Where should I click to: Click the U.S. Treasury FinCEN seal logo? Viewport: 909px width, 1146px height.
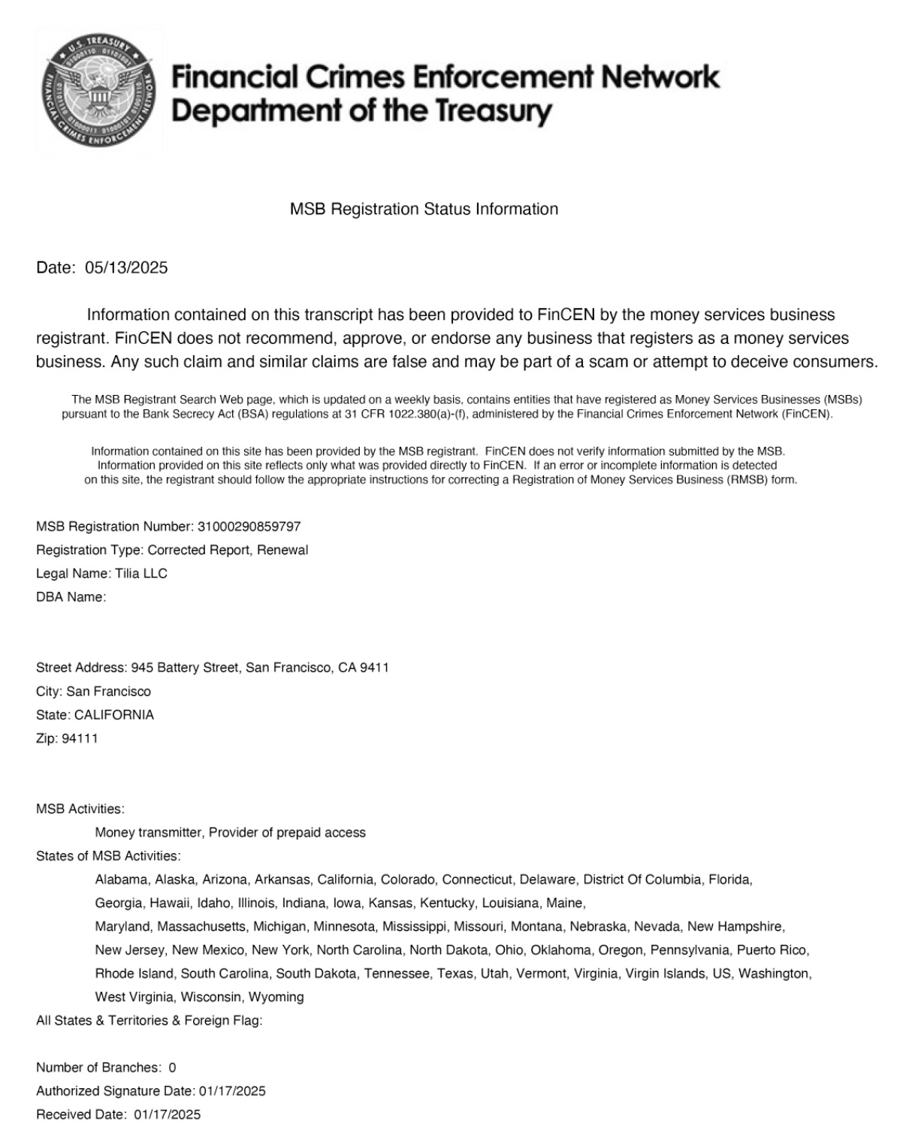(99, 90)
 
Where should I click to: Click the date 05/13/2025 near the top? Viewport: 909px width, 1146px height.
(126, 267)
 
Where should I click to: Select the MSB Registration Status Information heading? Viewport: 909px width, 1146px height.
(424, 209)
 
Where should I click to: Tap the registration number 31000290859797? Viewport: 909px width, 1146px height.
(249, 526)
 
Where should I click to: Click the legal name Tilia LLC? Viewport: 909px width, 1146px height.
(141, 574)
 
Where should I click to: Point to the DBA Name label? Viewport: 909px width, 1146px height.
(71, 597)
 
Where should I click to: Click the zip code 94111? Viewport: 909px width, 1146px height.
(80, 738)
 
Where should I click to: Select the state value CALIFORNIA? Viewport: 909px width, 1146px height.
(114, 715)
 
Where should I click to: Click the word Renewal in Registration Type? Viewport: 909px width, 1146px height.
(282, 550)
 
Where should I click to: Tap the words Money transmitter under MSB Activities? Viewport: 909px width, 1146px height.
(149, 832)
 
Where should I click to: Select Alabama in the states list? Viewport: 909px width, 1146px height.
(121, 879)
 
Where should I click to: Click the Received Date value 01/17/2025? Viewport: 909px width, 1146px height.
(168, 1114)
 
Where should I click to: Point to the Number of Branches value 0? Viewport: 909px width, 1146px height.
(172, 1067)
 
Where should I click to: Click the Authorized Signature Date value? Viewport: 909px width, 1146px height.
(232, 1091)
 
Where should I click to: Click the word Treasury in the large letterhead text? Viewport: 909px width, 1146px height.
(491, 111)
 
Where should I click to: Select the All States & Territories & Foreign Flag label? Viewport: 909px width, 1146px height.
(149, 1021)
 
